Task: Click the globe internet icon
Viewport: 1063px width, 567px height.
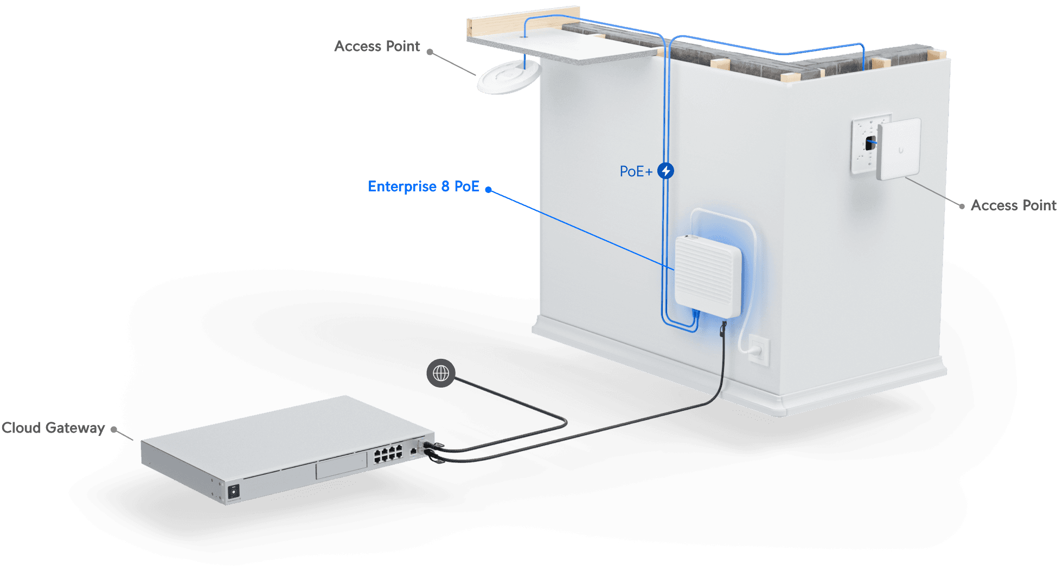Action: point(441,373)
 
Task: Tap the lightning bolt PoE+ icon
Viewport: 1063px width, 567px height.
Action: point(665,171)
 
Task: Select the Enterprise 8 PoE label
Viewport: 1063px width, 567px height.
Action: point(424,186)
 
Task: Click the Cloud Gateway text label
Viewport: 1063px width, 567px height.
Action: point(53,428)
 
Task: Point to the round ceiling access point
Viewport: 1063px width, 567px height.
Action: point(508,78)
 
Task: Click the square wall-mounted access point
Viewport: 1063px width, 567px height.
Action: point(899,149)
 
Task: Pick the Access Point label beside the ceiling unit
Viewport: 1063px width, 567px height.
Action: point(377,47)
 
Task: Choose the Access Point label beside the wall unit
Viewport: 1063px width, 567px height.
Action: point(1013,205)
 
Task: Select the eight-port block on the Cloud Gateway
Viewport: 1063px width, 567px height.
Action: point(388,454)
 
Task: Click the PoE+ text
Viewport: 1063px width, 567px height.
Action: point(636,171)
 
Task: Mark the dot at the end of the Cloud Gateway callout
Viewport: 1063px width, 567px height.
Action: point(114,429)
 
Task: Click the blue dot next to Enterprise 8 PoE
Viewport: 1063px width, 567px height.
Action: point(489,189)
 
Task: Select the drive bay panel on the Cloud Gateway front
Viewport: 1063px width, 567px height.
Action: point(342,466)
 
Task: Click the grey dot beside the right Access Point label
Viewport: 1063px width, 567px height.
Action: point(962,206)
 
